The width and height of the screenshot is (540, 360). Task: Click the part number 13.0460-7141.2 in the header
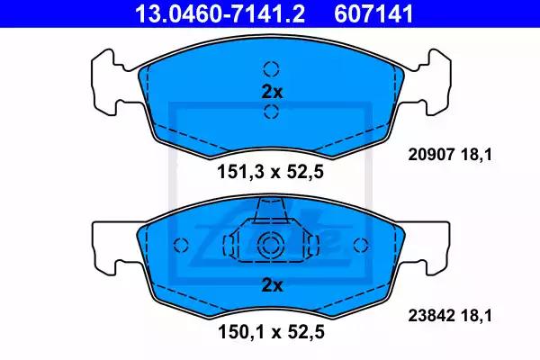pyautogui.click(x=220, y=13)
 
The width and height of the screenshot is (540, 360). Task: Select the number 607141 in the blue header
pyautogui.click(x=373, y=13)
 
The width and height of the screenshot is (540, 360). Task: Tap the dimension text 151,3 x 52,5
pyautogui.click(x=270, y=172)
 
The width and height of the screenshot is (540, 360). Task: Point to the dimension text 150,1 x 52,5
pyautogui.click(x=271, y=332)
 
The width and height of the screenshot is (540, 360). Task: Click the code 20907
pyautogui.click(x=431, y=155)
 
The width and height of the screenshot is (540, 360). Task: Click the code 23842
pyautogui.click(x=431, y=315)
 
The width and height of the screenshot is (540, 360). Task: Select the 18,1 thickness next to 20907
pyautogui.click(x=477, y=155)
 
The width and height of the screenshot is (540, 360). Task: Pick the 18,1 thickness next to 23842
pyautogui.click(x=477, y=315)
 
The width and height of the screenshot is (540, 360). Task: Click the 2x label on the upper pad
pyautogui.click(x=272, y=92)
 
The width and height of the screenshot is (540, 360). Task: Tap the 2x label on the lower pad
pyautogui.click(x=272, y=285)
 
